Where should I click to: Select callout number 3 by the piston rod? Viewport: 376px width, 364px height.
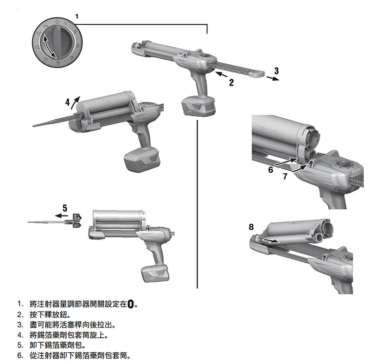(276, 71)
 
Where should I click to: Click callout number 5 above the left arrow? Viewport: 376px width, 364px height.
(65, 206)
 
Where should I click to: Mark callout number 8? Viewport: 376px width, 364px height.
(251, 227)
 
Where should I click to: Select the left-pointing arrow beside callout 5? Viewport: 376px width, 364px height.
(61, 215)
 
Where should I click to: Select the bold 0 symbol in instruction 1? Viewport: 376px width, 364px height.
(131, 305)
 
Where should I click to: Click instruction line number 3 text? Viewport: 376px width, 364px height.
(73, 325)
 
